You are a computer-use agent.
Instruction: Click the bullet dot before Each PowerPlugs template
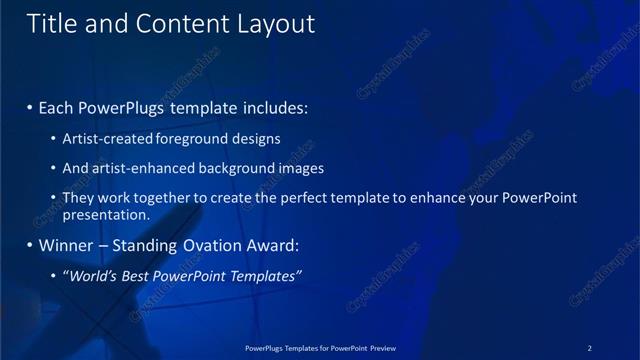[30, 106]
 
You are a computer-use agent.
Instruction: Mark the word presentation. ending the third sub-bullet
[105, 215]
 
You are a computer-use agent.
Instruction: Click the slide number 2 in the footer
[589, 348]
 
